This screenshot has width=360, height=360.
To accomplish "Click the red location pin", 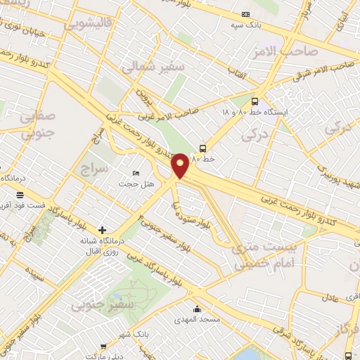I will click(x=181, y=165).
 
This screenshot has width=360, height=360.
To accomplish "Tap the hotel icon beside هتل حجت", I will click(x=136, y=174).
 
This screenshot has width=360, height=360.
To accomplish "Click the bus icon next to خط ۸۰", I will click(x=202, y=148).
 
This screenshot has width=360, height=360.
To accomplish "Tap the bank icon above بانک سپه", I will click(x=245, y=14).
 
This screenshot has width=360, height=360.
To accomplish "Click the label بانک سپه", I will click(x=243, y=25).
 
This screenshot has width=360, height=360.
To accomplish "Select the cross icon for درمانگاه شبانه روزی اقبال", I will click(x=103, y=230).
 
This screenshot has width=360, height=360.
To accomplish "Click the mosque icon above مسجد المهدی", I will click(x=197, y=309).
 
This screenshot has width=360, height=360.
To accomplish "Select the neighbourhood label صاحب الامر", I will click(x=285, y=51).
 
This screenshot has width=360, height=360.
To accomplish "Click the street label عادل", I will click(x=330, y=298).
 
